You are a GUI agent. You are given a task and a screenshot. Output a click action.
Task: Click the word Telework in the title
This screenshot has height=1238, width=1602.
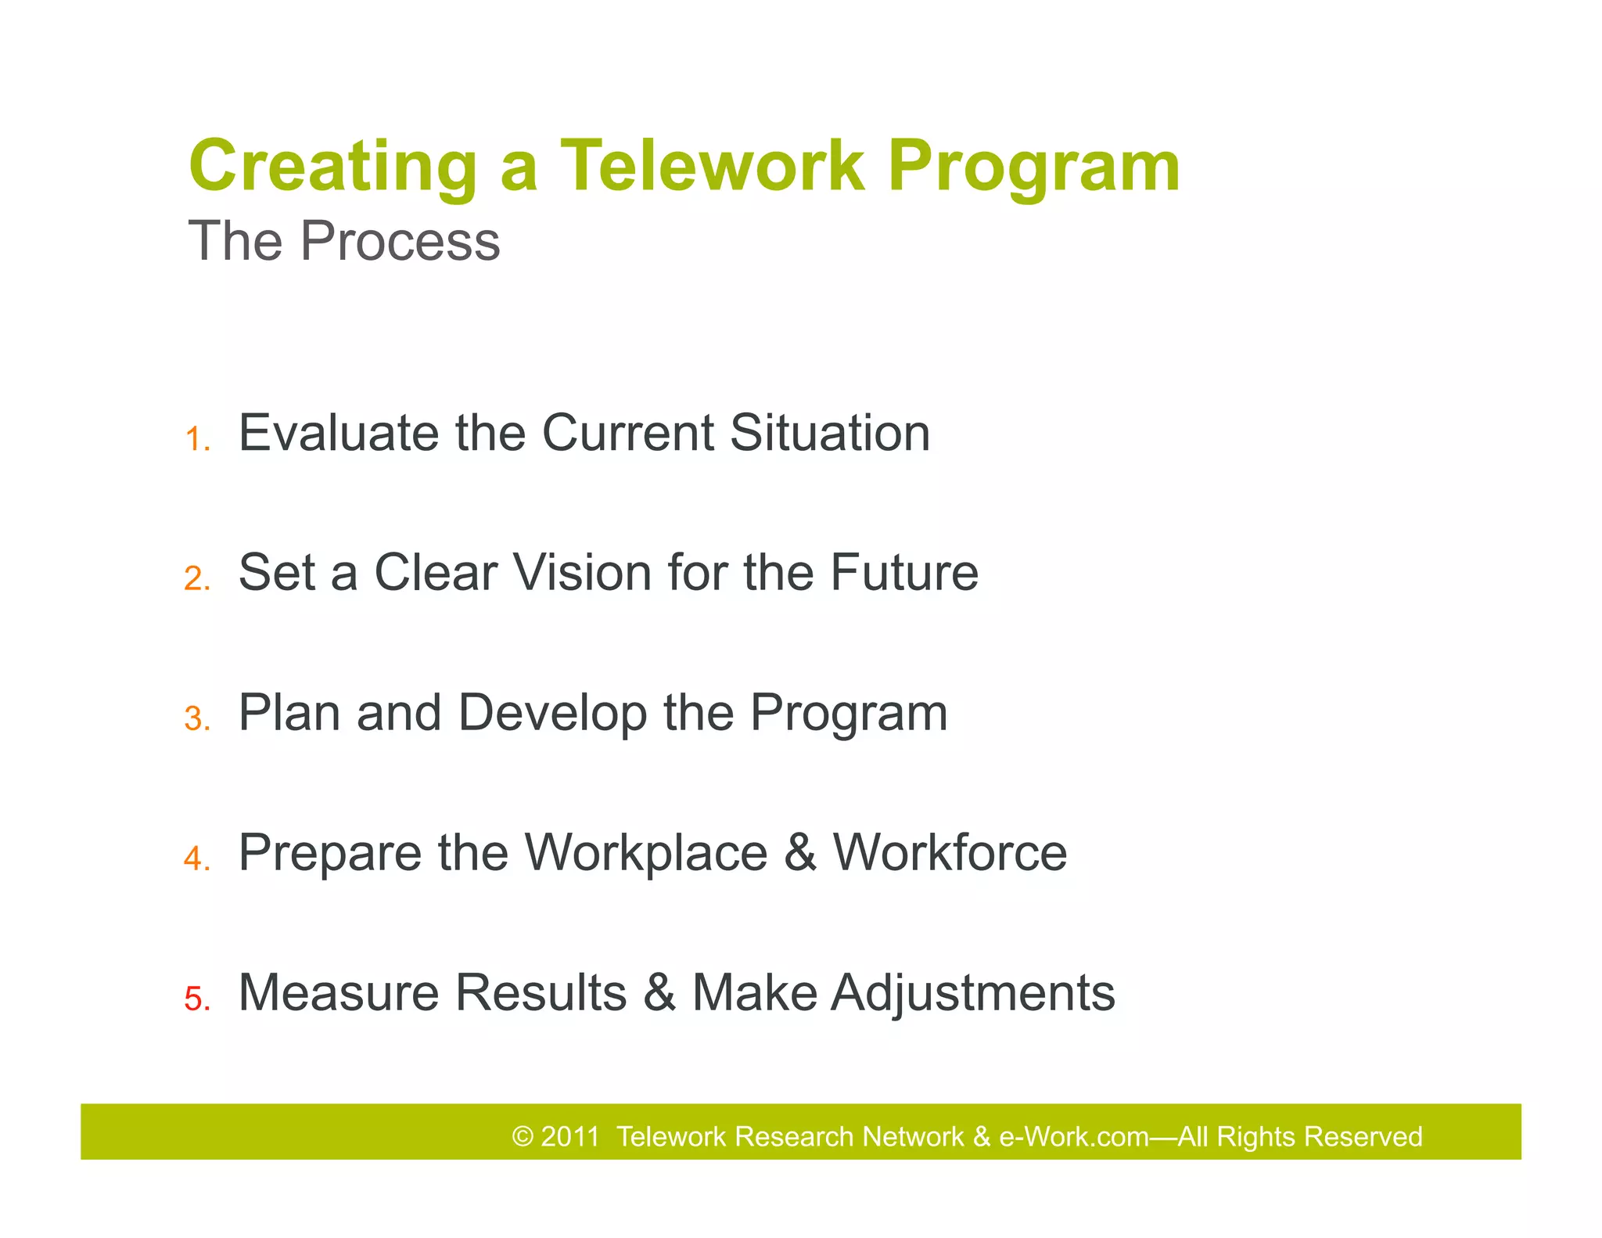[x=712, y=166]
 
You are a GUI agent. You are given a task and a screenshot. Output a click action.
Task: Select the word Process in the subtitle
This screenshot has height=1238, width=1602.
[x=400, y=241]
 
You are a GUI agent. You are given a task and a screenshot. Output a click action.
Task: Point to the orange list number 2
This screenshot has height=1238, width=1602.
[x=196, y=579]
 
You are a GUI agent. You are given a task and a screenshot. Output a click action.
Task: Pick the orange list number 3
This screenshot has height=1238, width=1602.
[x=196, y=719]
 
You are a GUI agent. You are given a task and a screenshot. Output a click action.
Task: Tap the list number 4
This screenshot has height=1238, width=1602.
[x=196, y=858]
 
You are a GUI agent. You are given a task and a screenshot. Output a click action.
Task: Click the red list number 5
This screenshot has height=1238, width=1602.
[x=196, y=999]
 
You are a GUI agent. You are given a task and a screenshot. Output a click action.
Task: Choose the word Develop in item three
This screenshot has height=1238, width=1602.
[x=552, y=714]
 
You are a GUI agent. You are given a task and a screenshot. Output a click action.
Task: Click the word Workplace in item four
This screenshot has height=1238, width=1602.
[x=645, y=854]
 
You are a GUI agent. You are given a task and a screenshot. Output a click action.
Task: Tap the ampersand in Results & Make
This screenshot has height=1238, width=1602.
[x=659, y=992]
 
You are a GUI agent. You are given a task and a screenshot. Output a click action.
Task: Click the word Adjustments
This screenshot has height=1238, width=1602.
[x=972, y=994]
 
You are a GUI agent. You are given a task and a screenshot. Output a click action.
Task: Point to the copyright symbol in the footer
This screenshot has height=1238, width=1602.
[x=522, y=1136]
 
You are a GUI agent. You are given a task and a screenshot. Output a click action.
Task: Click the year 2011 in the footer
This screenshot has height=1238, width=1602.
[x=569, y=1136]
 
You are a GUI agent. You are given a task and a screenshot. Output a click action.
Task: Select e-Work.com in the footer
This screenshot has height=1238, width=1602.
[x=1073, y=1136]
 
